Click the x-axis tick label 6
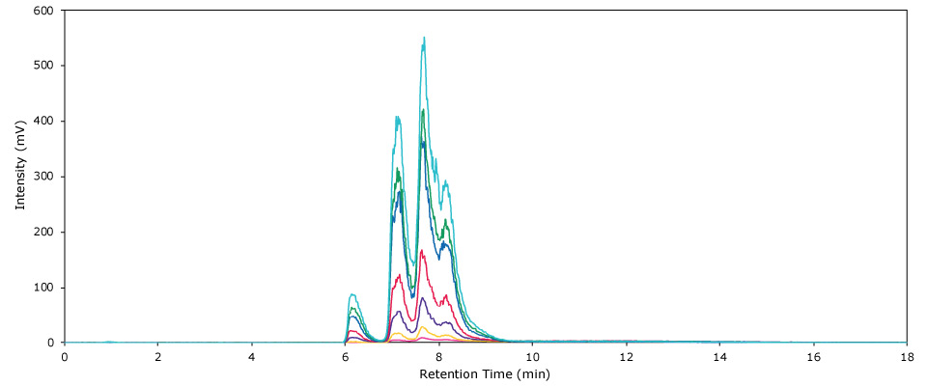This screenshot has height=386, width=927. point(346,356)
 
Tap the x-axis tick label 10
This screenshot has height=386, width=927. point(532,356)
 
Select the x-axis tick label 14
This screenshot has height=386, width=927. point(719,356)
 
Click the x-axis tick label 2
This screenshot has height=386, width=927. point(158,356)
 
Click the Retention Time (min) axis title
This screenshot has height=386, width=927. point(485,373)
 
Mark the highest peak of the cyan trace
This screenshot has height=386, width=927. point(424,38)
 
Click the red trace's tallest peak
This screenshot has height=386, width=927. point(423,251)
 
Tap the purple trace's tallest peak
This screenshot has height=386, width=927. point(423,297)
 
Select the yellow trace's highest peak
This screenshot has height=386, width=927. point(423,327)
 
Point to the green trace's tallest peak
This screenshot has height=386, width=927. point(423,110)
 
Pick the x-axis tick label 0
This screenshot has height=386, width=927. point(65,356)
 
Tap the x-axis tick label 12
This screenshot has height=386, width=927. point(626,356)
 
